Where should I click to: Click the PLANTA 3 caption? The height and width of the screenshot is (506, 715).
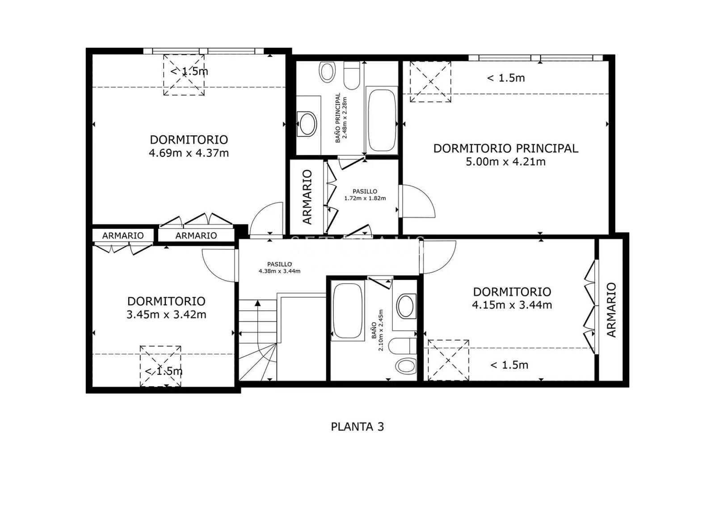357,426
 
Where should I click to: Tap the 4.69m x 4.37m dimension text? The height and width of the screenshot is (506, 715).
189,153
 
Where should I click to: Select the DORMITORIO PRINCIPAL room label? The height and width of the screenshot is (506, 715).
505,148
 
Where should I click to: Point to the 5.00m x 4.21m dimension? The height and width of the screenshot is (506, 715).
505,161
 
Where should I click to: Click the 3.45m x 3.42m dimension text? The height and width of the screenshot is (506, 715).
166,314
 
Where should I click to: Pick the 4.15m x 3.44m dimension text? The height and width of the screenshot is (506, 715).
512,305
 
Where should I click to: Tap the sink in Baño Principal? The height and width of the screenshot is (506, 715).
307,123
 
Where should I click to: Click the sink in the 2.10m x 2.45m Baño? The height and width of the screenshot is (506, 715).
406,306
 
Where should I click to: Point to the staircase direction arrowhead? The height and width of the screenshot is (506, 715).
257,303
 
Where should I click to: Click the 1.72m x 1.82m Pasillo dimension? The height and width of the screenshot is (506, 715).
365,198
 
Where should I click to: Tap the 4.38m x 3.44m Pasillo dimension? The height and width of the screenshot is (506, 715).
279,271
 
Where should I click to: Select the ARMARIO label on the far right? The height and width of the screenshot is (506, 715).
611,310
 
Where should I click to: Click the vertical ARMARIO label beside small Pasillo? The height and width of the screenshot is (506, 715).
307,197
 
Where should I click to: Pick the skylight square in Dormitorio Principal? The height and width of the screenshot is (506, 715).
430,82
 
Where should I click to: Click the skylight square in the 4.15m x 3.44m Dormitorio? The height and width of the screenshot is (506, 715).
448,360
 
